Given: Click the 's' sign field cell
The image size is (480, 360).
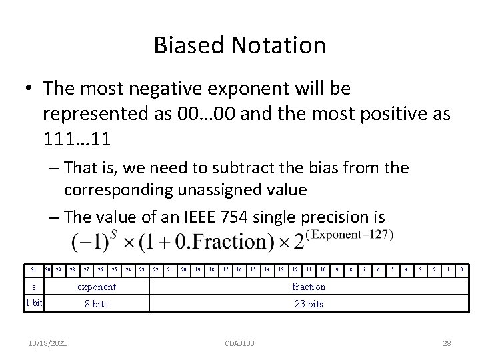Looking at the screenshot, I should (33, 287).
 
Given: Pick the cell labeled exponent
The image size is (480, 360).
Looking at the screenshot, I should (97, 287).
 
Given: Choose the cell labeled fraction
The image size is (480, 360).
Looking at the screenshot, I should (309, 287).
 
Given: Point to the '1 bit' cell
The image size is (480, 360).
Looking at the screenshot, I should (33, 304).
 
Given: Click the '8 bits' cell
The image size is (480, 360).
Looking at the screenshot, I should (97, 304).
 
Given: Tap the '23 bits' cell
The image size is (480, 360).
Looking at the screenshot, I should (309, 304).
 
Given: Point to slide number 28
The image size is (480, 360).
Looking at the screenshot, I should (447, 343).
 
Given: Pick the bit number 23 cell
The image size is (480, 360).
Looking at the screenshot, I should (141, 269).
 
